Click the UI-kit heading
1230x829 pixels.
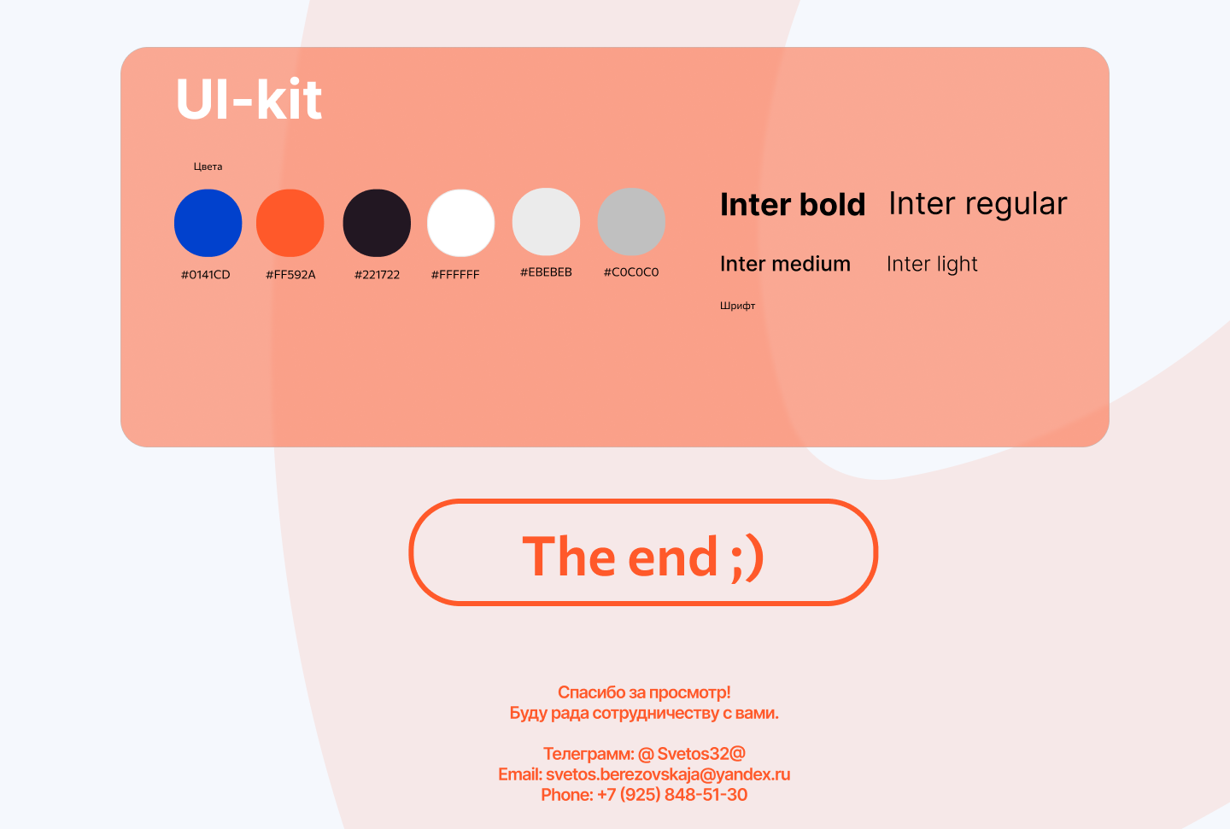[x=249, y=99]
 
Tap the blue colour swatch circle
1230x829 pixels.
[x=208, y=223]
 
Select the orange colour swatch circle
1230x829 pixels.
[x=290, y=223]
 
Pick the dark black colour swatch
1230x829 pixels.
[x=377, y=223]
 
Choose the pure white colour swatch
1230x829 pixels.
[x=460, y=223]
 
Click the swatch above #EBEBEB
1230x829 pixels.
[x=546, y=222]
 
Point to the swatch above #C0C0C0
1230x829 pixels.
[x=631, y=222]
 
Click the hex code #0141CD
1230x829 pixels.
[x=205, y=275]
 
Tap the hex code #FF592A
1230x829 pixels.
[x=290, y=275]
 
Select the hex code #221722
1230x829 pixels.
[x=377, y=275]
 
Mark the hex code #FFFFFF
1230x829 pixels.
[x=455, y=275]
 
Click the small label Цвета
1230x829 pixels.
[x=208, y=166]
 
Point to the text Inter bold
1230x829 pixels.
[x=793, y=204]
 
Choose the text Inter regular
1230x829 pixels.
[x=978, y=204]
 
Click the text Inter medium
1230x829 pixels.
[x=785, y=264]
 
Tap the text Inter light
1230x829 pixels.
[x=932, y=264]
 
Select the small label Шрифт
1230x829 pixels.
[x=737, y=306]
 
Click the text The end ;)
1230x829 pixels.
[x=643, y=557]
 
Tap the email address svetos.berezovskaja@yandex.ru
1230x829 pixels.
[x=668, y=774]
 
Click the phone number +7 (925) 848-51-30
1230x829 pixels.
[x=672, y=794]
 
